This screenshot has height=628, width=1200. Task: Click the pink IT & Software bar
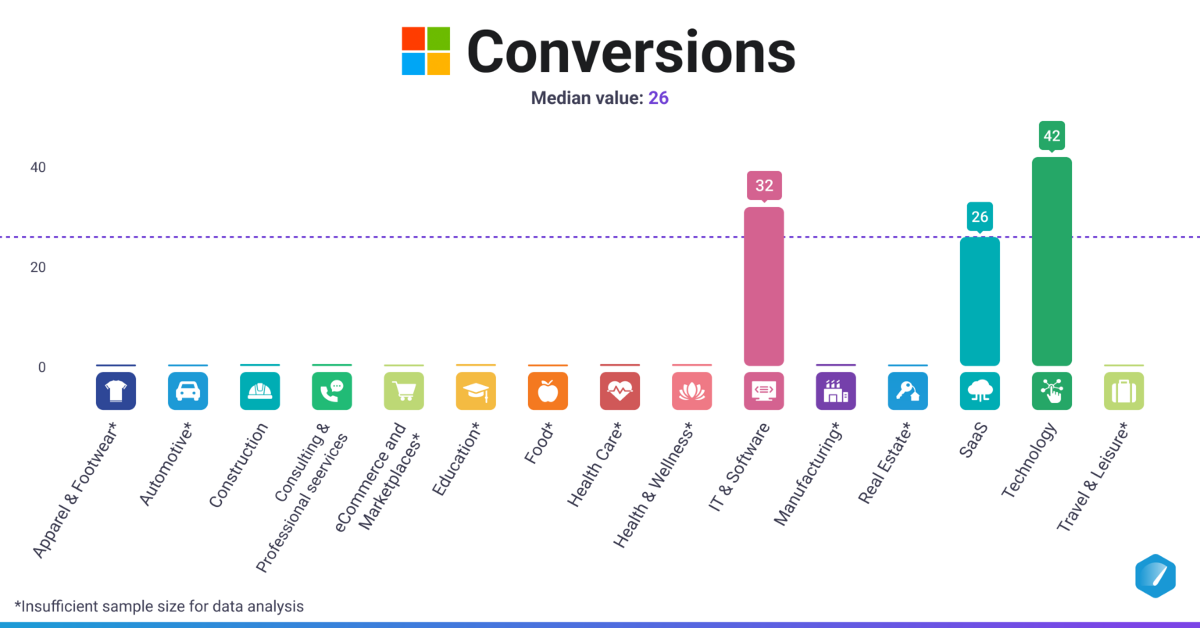tap(763, 286)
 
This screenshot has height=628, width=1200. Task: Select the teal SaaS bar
tap(980, 301)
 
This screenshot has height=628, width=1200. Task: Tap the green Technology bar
tap(1052, 262)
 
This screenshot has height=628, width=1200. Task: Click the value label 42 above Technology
tap(1052, 136)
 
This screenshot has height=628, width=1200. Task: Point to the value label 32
tap(763, 185)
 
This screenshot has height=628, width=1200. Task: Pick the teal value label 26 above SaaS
tap(980, 216)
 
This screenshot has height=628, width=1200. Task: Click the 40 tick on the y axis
tap(37, 167)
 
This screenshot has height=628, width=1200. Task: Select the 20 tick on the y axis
tap(37, 267)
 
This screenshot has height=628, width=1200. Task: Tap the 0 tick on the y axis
tap(42, 367)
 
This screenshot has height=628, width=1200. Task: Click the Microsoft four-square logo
tap(426, 52)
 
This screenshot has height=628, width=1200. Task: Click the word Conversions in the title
tap(630, 52)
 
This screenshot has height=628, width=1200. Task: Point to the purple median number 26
tap(658, 98)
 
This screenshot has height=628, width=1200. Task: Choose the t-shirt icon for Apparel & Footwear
tap(116, 391)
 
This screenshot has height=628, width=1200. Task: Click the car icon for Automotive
tap(187, 391)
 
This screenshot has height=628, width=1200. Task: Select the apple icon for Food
tap(548, 391)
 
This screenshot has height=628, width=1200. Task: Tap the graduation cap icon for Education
tap(476, 391)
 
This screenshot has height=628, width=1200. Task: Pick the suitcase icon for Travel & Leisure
tap(1123, 391)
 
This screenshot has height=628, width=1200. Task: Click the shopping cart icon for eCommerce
tap(404, 391)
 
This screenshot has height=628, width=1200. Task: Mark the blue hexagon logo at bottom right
tap(1155, 576)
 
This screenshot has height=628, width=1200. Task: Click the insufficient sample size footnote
tap(159, 606)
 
